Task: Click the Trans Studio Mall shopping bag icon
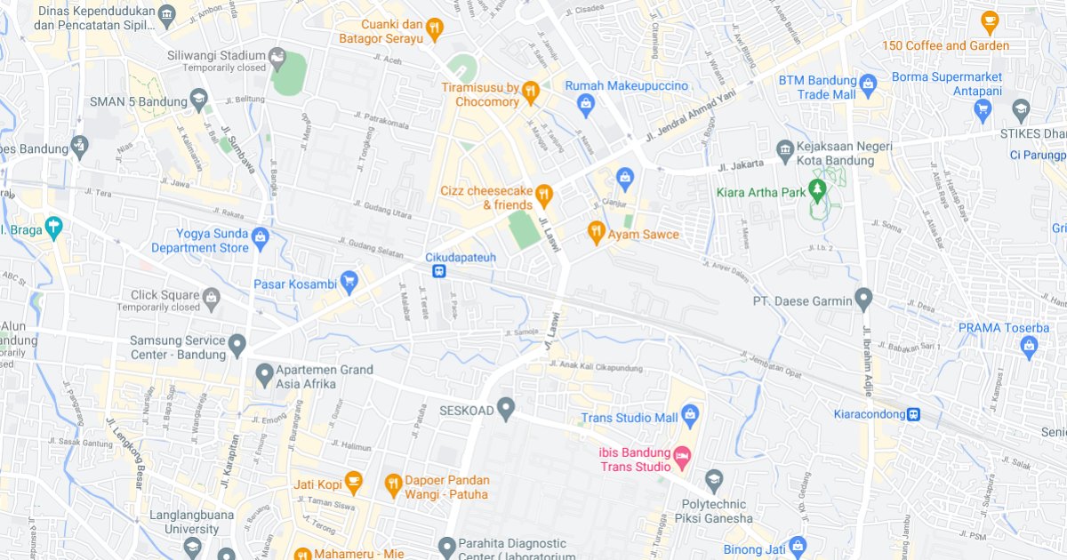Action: [x=691, y=414]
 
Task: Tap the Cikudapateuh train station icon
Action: [x=439, y=271]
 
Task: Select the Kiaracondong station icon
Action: [x=913, y=414]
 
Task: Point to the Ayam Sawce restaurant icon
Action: [x=596, y=233]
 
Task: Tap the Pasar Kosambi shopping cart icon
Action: [x=349, y=281]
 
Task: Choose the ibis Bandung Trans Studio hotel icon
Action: [x=682, y=456]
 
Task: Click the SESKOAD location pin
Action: [x=506, y=408]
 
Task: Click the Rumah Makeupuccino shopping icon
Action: [x=586, y=107]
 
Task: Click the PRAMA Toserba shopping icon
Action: [x=1030, y=347]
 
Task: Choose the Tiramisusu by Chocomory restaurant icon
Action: [x=531, y=91]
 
